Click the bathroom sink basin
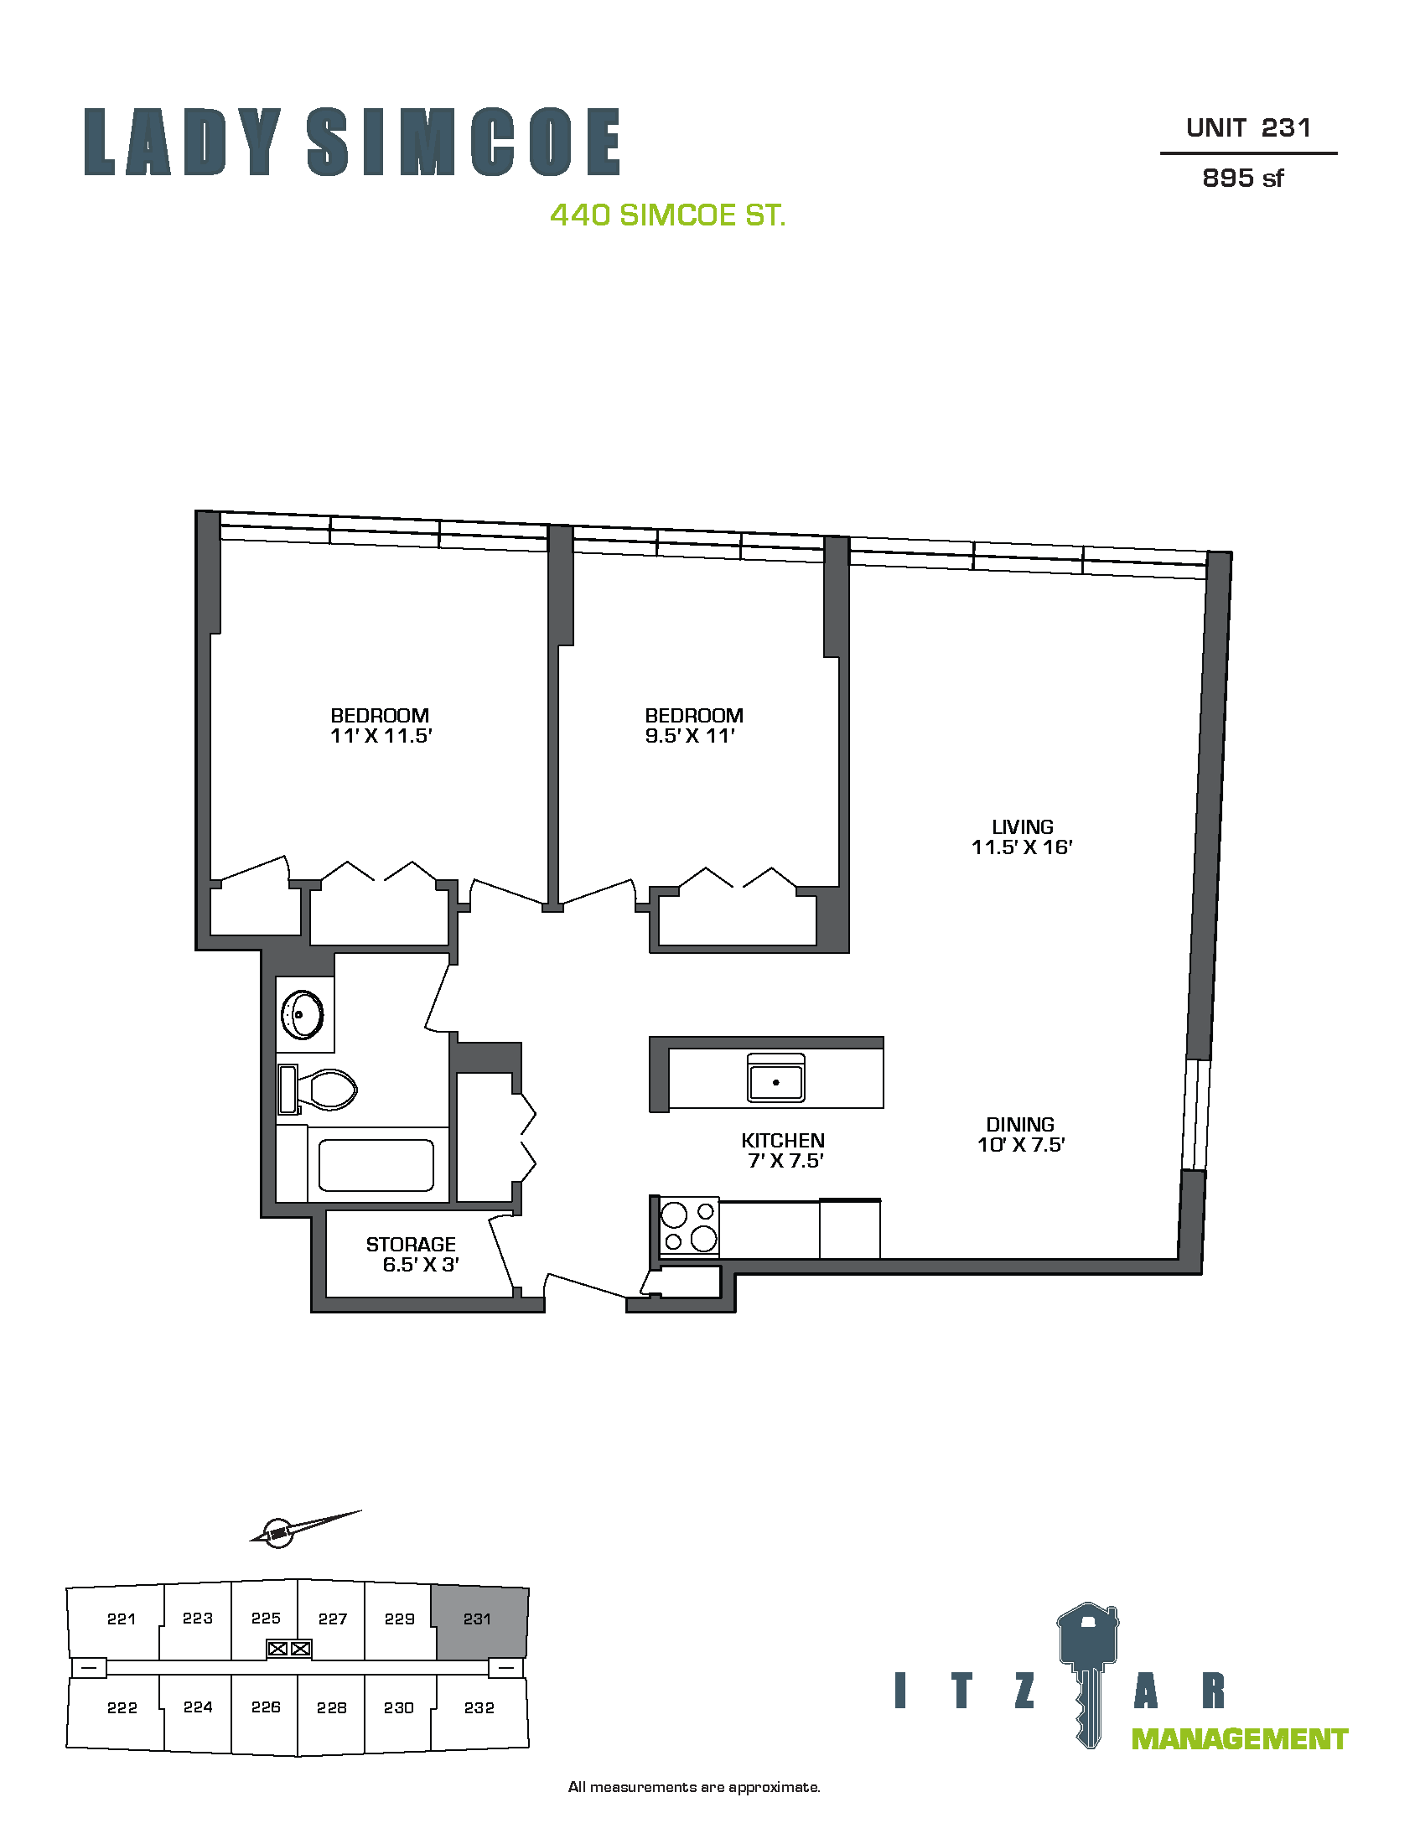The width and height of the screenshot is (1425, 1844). pos(303,1014)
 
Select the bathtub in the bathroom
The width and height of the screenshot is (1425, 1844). pos(376,1165)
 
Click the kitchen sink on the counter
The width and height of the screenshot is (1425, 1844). pos(776,1076)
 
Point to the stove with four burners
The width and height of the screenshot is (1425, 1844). pos(689,1227)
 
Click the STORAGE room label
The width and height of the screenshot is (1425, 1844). pos(411,1244)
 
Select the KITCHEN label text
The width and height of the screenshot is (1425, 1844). pos(783,1140)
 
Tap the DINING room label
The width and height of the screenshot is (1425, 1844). pos(1020,1125)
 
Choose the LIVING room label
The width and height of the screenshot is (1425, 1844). pos(1023,827)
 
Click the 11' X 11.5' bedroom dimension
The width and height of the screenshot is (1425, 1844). pos(381,735)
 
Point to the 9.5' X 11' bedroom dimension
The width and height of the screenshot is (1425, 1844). pos(690,735)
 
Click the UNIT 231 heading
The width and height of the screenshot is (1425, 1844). pos(1249,128)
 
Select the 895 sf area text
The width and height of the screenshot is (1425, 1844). pos(1242,179)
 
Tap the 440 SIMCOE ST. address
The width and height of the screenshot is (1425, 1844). pos(668,215)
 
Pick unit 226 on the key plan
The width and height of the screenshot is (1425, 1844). pos(265,1707)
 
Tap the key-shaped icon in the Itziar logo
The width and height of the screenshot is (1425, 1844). pos(1088,1676)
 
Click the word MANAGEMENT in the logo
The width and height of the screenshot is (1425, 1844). pos(1239,1739)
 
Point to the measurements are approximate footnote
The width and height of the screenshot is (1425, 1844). pos(694,1787)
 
